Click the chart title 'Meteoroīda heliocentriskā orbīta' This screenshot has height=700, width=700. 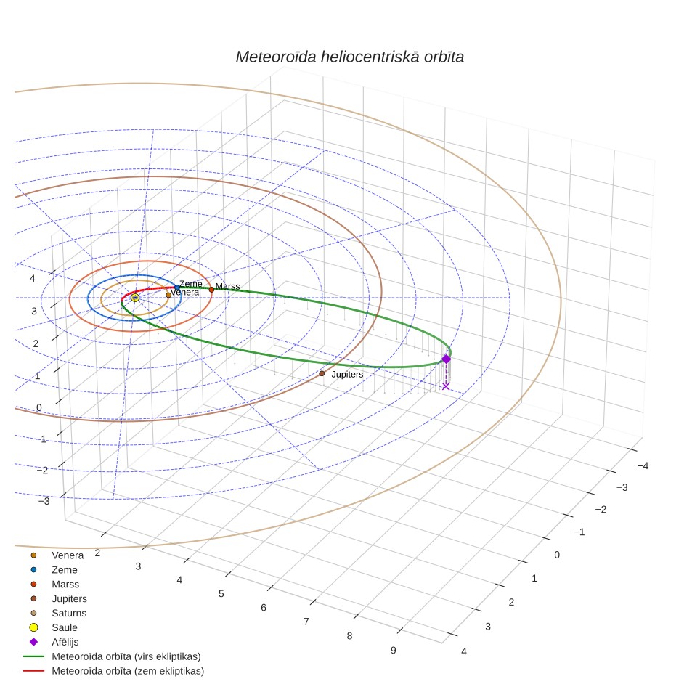[349, 57]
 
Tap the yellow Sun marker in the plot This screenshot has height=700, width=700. [135, 298]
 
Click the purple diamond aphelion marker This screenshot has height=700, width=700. [446, 359]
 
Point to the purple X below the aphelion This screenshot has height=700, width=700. [446, 386]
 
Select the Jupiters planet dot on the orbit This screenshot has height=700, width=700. [322, 373]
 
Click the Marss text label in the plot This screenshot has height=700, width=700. [228, 287]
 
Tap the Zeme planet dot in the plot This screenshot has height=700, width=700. [176, 288]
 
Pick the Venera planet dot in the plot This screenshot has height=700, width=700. [168, 295]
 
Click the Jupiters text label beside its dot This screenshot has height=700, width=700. [347, 375]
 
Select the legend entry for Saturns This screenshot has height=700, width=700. [69, 613]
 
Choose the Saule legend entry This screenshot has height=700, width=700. [65, 627]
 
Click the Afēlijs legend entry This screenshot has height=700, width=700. [65, 642]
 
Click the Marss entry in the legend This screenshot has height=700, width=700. [65, 585]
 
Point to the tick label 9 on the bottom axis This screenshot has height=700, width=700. [394, 651]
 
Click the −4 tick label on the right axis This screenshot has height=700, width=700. [643, 466]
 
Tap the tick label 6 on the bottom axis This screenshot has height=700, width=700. [264, 608]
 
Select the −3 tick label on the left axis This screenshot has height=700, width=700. [44, 501]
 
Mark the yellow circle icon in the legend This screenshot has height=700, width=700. [33, 627]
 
